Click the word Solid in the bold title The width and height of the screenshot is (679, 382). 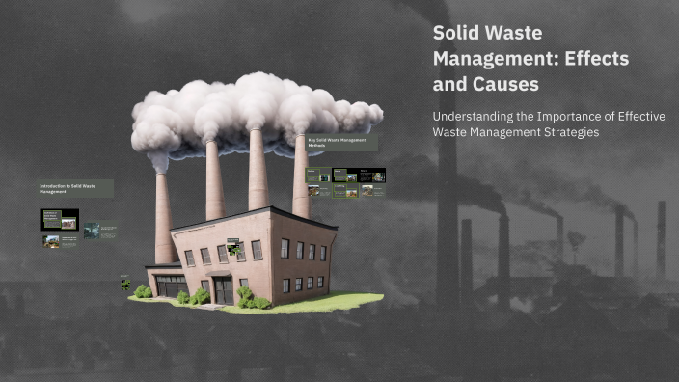[459, 32]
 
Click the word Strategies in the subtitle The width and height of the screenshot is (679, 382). [570, 131]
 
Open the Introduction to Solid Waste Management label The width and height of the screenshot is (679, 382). [75, 188]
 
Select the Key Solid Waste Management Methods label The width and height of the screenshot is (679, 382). [340, 142]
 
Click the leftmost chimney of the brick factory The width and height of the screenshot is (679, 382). [164, 217]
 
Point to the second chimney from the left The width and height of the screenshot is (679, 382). [214, 183]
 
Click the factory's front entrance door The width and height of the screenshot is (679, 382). [223, 289]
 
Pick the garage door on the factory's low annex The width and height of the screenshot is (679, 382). [172, 286]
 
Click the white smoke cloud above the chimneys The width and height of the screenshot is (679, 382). [256, 111]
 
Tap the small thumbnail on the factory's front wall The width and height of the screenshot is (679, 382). [233, 247]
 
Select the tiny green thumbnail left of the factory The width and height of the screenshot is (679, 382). [125, 283]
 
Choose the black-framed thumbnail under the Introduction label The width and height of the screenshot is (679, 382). [59, 219]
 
